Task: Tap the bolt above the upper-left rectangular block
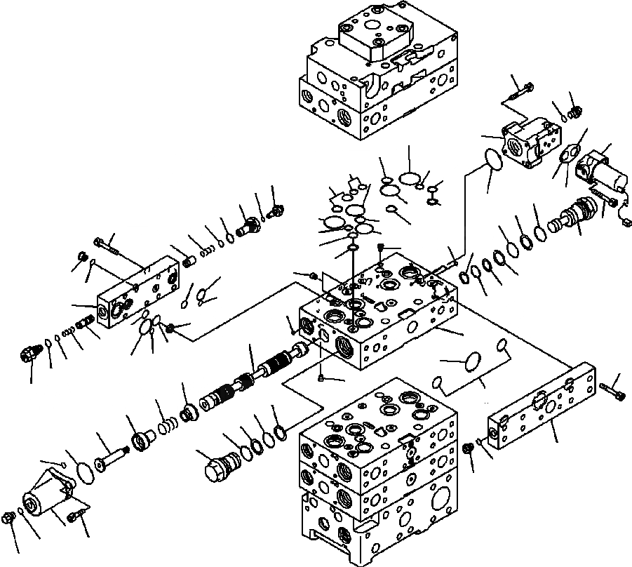(x=107, y=246)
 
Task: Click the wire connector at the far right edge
(x=626, y=223)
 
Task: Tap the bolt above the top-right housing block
(x=521, y=91)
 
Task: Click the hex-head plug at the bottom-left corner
(x=10, y=519)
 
